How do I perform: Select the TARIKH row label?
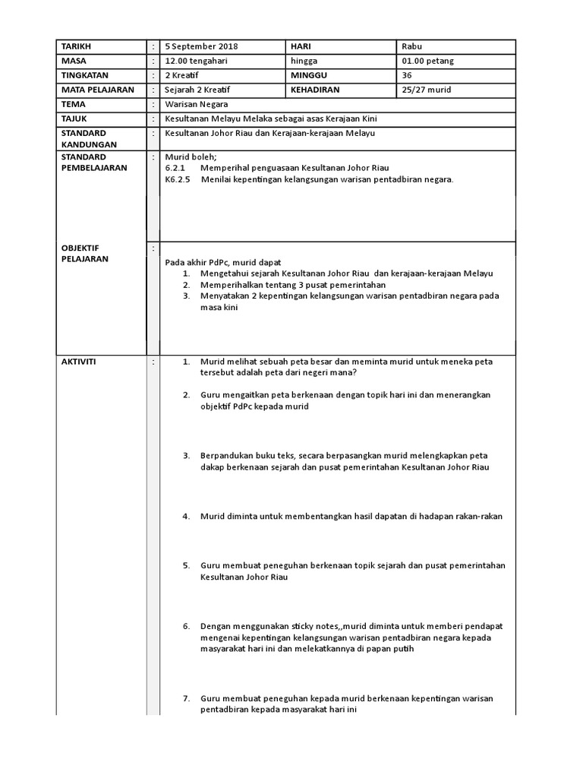[x=76, y=47]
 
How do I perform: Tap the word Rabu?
[x=411, y=47]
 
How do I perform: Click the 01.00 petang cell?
[x=429, y=61]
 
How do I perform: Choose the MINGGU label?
[x=309, y=75]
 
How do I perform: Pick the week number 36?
[x=408, y=75]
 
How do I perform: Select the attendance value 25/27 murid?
[x=427, y=90]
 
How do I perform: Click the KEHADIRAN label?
[x=315, y=90]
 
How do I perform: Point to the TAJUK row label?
[x=74, y=119]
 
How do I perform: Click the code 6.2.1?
[x=175, y=168]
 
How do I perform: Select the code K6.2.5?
[x=177, y=180]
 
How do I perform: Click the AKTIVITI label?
[x=79, y=362]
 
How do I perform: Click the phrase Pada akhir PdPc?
[x=200, y=262]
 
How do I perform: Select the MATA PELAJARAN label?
[x=96, y=90]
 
